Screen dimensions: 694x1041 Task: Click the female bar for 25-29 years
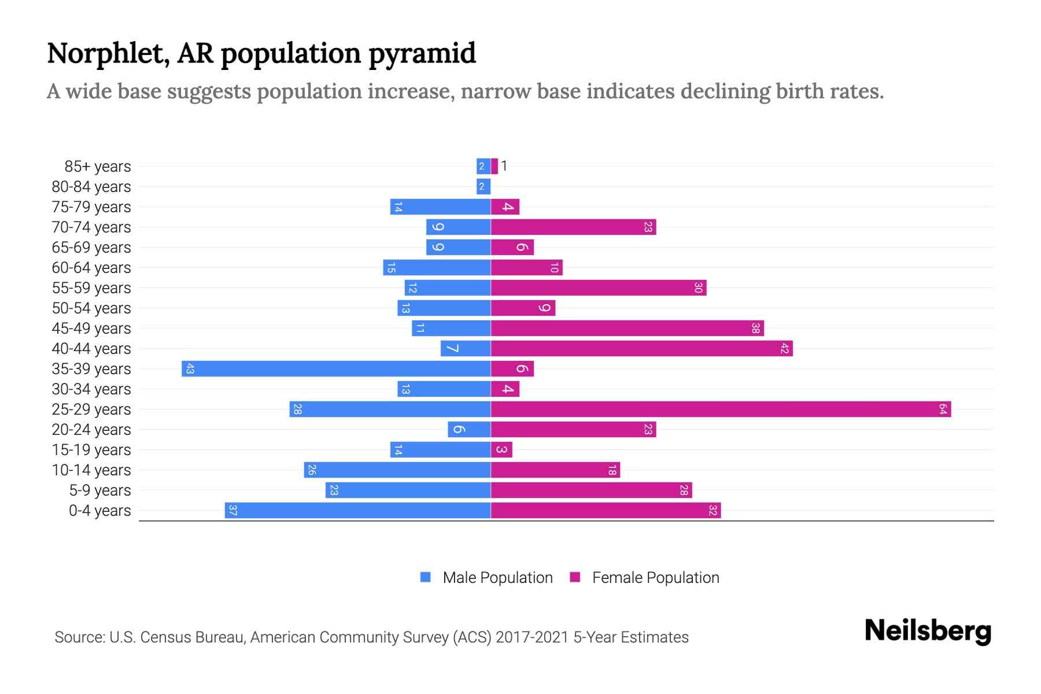tap(721, 409)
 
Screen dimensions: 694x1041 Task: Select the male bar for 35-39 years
tap(336, 369)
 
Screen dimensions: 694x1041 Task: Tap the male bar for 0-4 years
tap(357, 511)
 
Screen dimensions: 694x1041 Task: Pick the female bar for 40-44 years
tap(641, 349)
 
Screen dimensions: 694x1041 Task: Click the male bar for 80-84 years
tap(483, 187)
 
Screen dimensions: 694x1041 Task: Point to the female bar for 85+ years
tap(494, 167)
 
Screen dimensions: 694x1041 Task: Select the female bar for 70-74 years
tap(573, 227)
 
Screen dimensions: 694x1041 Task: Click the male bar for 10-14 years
tap(397, 470)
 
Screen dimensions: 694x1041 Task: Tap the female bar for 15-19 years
tap(501, 450)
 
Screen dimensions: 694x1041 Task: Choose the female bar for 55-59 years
tap(599, 288)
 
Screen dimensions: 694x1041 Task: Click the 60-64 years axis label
tap(91, 268)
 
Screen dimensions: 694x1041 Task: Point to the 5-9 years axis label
tap(100, 490)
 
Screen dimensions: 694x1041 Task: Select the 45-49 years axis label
tap(91, 328)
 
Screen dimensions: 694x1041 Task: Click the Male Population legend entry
tap(497, 578)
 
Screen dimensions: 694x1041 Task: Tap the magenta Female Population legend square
tap(575, 577)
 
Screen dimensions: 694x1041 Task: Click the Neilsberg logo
tap(928, 631)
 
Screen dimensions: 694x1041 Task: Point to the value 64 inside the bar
tap(943, 409)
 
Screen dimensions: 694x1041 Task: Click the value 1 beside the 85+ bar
tap(504, 167)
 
